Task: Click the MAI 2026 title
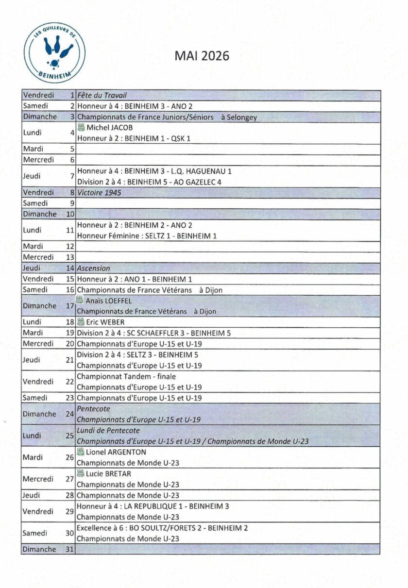point(202,56)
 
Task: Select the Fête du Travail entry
point(102,95)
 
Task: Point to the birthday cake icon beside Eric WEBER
point(81,322)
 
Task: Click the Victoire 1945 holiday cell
point(99,192)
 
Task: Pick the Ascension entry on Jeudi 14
point(94,268)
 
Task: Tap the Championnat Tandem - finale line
point(126,376)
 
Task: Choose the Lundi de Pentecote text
point(108,431)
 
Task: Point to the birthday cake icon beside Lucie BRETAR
point(81,473)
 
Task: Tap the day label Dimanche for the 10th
point(39,214)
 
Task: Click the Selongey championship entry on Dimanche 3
point(167,117)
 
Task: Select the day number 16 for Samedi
point(70,290)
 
